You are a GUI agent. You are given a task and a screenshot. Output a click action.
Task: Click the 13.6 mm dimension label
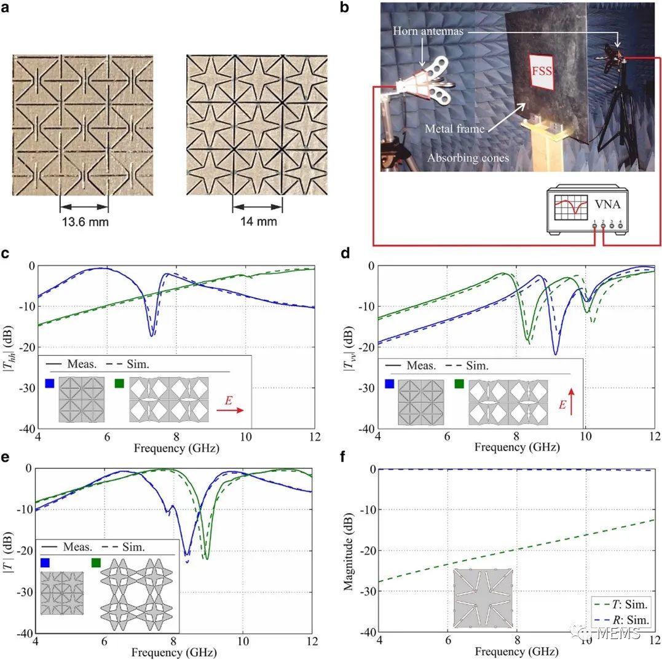84,222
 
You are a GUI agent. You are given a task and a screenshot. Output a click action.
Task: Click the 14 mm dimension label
257,222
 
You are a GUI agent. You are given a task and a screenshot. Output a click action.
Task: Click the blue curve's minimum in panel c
151,335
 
